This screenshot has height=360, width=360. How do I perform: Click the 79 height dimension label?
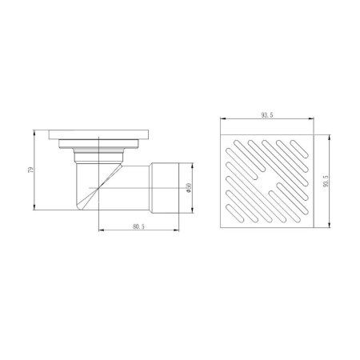pos(31,170)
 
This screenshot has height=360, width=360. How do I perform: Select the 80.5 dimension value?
pos(138,226)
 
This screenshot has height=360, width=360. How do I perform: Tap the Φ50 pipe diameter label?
pos(189,188)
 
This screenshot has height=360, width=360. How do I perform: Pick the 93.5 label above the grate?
pos(267,115)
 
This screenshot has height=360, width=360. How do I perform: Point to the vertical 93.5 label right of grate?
pos(326,181)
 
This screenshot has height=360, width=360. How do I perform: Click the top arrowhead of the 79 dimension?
pos(34,132)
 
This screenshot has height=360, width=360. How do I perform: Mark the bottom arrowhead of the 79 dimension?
pos(34,207)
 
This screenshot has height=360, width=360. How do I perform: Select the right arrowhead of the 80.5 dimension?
pos(176,230)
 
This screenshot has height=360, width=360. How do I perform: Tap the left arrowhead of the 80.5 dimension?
pos(102,230)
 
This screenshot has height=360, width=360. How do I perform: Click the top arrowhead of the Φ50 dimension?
pos(193,165)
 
